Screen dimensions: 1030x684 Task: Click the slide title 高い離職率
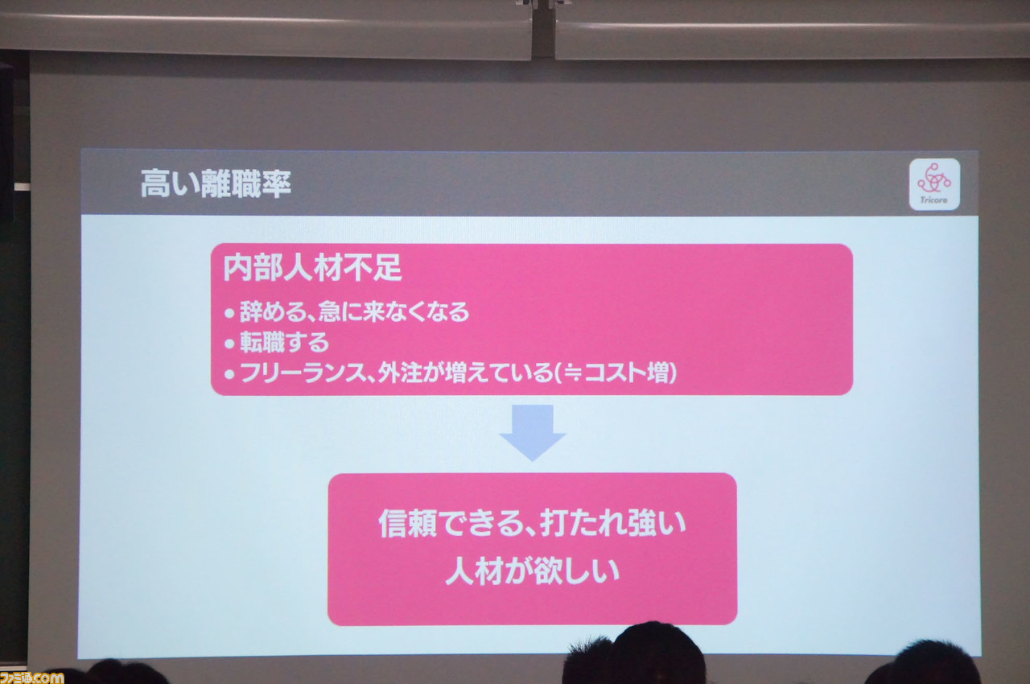[216, 183]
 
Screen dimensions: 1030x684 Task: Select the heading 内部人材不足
[312, 267]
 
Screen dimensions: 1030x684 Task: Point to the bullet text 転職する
[285, 342]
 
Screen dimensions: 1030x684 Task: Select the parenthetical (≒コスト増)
[616, 373]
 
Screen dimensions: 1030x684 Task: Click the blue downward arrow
[533, 432]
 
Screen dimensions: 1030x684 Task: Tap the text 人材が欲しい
[533, 572]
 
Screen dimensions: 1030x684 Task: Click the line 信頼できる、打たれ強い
[533, 524]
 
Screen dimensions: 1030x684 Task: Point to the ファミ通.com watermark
[31, 678]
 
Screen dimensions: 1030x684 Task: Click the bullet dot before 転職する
[229, 344]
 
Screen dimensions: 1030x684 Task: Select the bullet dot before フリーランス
[229, 374]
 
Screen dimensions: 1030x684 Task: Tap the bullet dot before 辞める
[229, 314]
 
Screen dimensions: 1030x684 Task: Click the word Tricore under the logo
[934, 200]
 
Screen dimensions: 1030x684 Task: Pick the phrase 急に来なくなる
[394, 311]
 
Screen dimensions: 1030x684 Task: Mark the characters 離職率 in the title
[246, 183]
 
